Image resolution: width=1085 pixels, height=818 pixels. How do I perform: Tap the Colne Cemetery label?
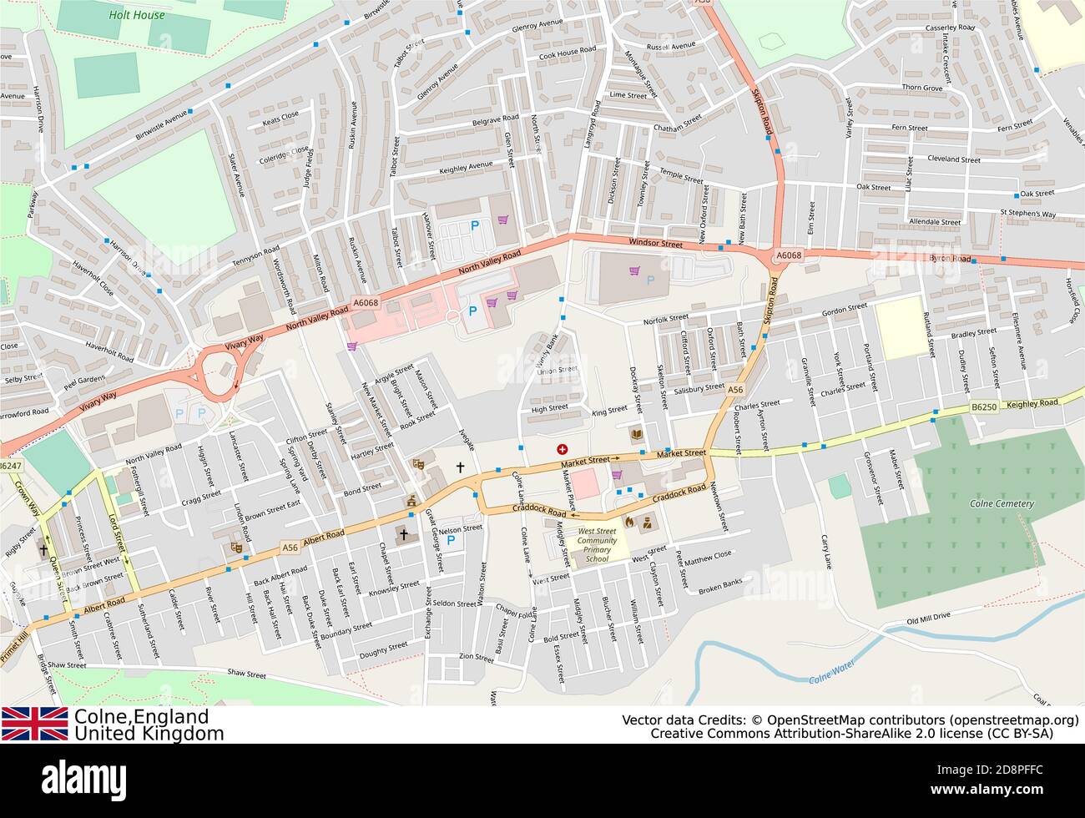[1002, 503]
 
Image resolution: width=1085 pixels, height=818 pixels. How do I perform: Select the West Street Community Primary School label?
[598, 544]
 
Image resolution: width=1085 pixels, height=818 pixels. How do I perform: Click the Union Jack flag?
[34, 724]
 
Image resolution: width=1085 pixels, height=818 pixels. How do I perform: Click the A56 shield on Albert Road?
[290, 548]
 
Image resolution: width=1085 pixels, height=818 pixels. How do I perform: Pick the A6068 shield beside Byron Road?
[788, 255]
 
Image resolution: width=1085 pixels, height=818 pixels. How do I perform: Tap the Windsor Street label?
[655, 243]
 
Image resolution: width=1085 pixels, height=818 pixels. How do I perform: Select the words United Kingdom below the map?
[149, 734]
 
